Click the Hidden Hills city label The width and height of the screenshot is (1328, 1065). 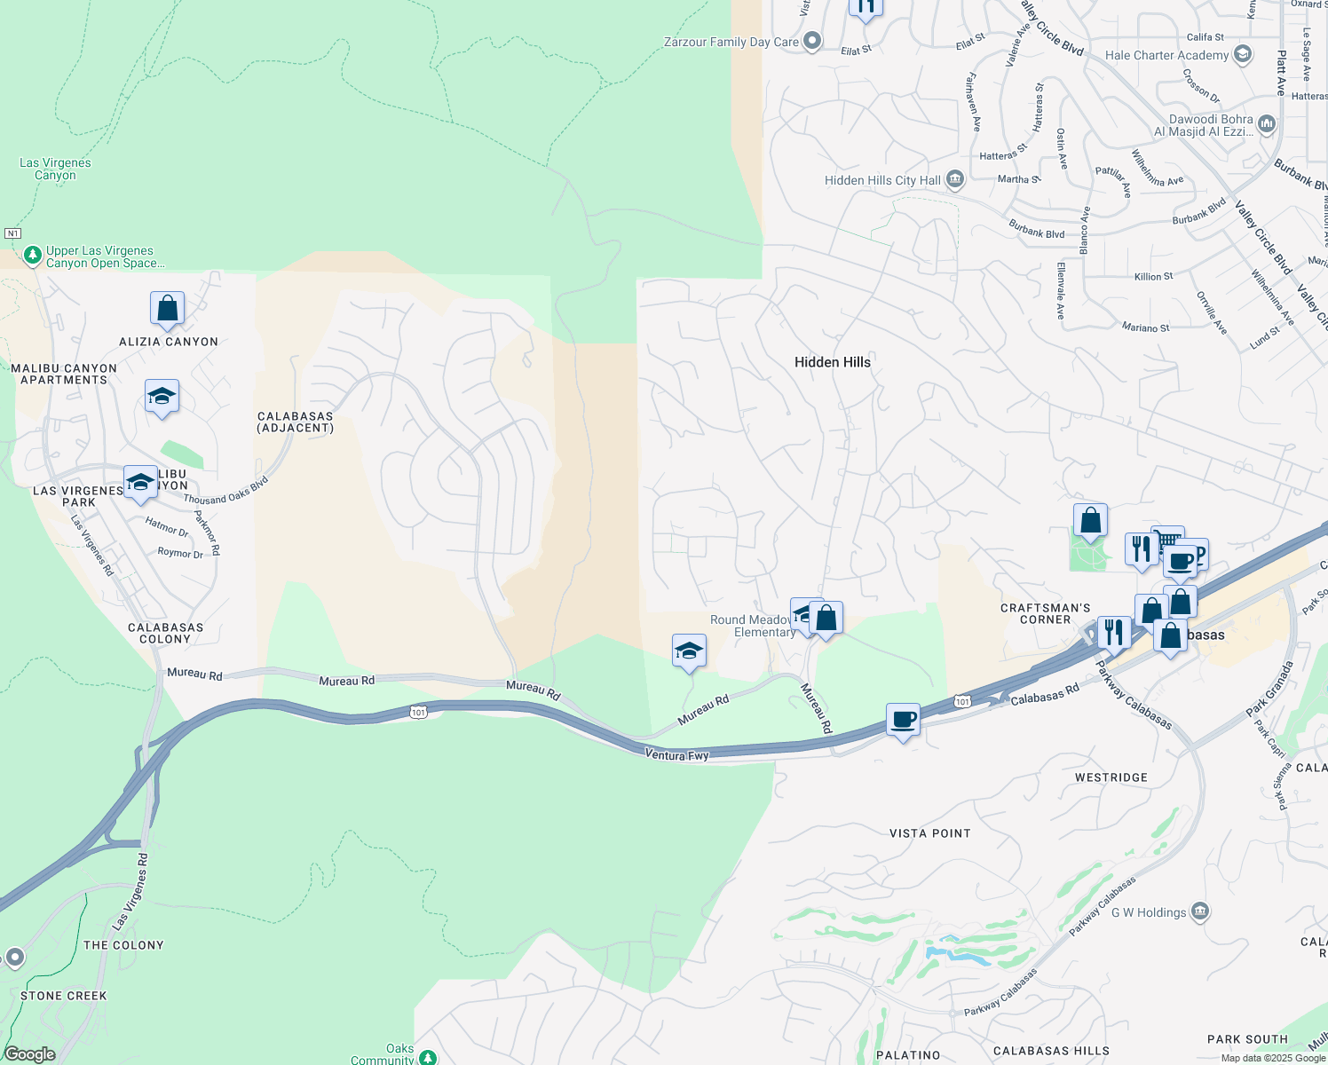833,362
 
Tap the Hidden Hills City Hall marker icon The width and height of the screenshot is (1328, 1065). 955,180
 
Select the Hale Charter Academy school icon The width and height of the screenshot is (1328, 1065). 1243,55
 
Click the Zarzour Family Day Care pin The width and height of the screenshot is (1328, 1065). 812,42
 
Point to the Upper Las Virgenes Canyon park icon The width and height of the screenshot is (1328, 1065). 33,256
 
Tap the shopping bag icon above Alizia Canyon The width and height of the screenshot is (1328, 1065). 167,309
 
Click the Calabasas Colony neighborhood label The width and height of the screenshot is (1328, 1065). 166,633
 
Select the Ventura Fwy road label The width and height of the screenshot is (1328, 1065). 676,755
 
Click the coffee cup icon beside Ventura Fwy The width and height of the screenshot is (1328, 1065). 903,720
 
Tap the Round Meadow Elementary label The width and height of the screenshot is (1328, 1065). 752,626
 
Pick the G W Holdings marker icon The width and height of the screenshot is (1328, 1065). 1200,911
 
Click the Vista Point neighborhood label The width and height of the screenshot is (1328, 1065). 929,833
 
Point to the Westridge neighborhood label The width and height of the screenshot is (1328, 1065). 1111,777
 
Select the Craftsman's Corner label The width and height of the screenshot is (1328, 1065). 1045,613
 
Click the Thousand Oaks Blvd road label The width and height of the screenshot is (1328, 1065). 226,491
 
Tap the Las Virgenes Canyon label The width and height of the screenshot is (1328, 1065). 55,169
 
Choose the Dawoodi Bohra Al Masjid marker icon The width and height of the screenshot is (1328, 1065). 1267,124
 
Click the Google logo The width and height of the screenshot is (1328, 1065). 29,1054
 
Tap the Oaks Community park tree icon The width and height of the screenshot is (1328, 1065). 428,1057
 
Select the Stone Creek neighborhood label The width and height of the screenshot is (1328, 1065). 64,996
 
